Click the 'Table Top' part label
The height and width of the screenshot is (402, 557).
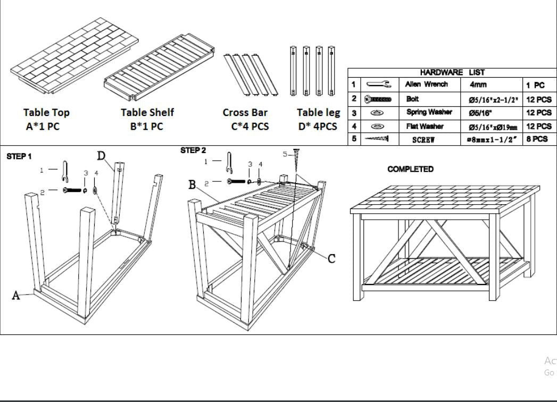pos(46,112)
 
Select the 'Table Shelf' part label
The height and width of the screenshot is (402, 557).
pos(147,112)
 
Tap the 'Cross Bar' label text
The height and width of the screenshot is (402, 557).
pos(245,112)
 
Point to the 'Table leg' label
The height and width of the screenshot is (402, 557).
pos(318,112)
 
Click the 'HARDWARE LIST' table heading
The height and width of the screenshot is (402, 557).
pos(452,72)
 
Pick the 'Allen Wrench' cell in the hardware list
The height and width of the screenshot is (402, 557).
pos(426,84)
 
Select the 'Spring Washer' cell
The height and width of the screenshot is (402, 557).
pos(429,112)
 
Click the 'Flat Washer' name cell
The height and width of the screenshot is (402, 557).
pos(425,126)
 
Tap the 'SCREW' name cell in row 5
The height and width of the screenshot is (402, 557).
pos(423,139)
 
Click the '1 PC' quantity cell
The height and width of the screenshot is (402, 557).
pos(535,85)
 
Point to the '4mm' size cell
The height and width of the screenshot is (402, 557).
pos(478,85)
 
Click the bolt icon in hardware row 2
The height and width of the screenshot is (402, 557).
pos(378,99)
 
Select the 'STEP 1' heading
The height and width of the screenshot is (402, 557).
pos(19,156)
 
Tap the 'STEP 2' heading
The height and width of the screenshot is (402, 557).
pos(193,150)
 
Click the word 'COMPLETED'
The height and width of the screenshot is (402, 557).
pos(410,169)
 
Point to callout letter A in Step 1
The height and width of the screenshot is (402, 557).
pos(16,296)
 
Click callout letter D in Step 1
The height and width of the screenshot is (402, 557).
pos(101,156)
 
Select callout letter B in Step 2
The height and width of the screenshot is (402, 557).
pos(192,185)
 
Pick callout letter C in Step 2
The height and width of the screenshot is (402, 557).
pos(331,259)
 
